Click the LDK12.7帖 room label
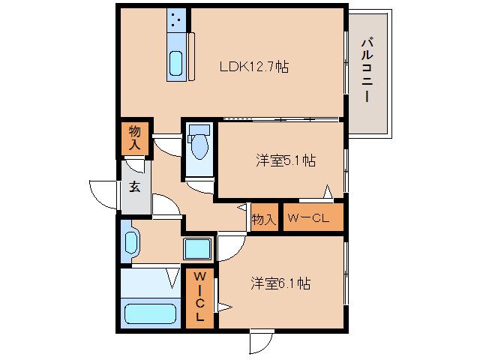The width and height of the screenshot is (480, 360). pyautogui.click(x=254, y=67)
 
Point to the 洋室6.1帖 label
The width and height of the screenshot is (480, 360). pyautogui.click(x=280, y=283)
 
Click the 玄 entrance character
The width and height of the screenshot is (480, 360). pyautogui.click(x=134, y=187)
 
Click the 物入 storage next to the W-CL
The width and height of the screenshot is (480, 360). pyautogui.click(x=262, y=219)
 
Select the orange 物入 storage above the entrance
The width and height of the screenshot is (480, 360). pyautogui.click(x=134, y=137)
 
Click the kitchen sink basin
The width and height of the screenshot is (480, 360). pyautogui.click(x=175, y=64)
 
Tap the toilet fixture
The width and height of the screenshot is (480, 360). pyautogui.click(x=199, y=146)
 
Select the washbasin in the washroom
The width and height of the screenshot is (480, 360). pyautogui.click(x=132, y=242)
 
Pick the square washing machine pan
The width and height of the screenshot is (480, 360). pyautogui.click(x=199, y=247)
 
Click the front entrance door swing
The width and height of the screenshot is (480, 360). pyautogui.click(x=103, y=193)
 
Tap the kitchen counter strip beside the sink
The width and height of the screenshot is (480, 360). pyautogui.click(x=191, y=55)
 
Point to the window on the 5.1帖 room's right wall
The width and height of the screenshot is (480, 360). pyautogui.click(x=346, y=169)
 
